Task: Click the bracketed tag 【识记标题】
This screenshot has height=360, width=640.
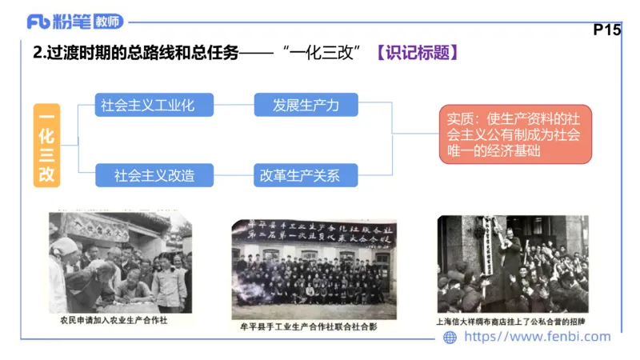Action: [x=417, y=54]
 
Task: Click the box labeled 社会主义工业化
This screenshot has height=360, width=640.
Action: [x=146, y=106]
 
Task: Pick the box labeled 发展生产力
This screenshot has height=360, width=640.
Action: [x=306, y=106]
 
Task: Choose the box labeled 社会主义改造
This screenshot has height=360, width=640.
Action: [x=146, y=174]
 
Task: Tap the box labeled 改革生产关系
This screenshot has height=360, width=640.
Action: [x=306, y=174]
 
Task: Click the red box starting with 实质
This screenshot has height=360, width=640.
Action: [x=514, y=134]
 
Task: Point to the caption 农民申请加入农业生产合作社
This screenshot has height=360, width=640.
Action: [x=118, y=321]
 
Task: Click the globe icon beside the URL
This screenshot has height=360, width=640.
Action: [x=450, y=338]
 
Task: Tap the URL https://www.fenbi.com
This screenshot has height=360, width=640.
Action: [x=537, y=338]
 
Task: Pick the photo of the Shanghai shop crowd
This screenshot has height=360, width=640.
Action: [x=512, y=264]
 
